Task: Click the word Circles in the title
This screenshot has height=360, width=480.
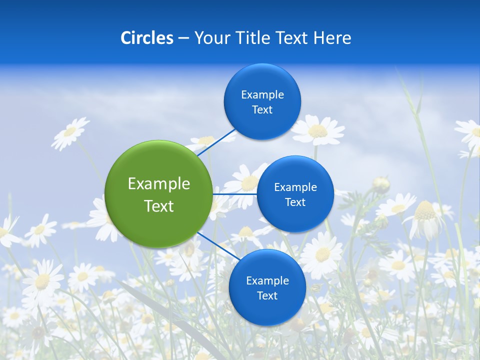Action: click(146, 38)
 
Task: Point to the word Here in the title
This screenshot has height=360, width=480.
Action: click(332, 38)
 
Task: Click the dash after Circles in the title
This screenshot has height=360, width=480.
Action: click(183, 38)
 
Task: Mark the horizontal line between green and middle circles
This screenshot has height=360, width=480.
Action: click(234, 194)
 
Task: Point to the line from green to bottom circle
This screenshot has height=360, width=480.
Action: click(218, 246)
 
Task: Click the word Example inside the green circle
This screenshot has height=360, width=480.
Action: click(159, 184)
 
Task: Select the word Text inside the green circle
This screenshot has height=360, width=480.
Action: click(159, 206)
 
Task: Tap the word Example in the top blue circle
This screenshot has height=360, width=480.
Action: click(262, 94)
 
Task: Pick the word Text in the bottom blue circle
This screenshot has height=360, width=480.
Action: click(267, 295)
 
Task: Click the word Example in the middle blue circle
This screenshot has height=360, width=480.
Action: click(295, 187)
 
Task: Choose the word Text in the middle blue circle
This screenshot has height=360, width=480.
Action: click(295, 202)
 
